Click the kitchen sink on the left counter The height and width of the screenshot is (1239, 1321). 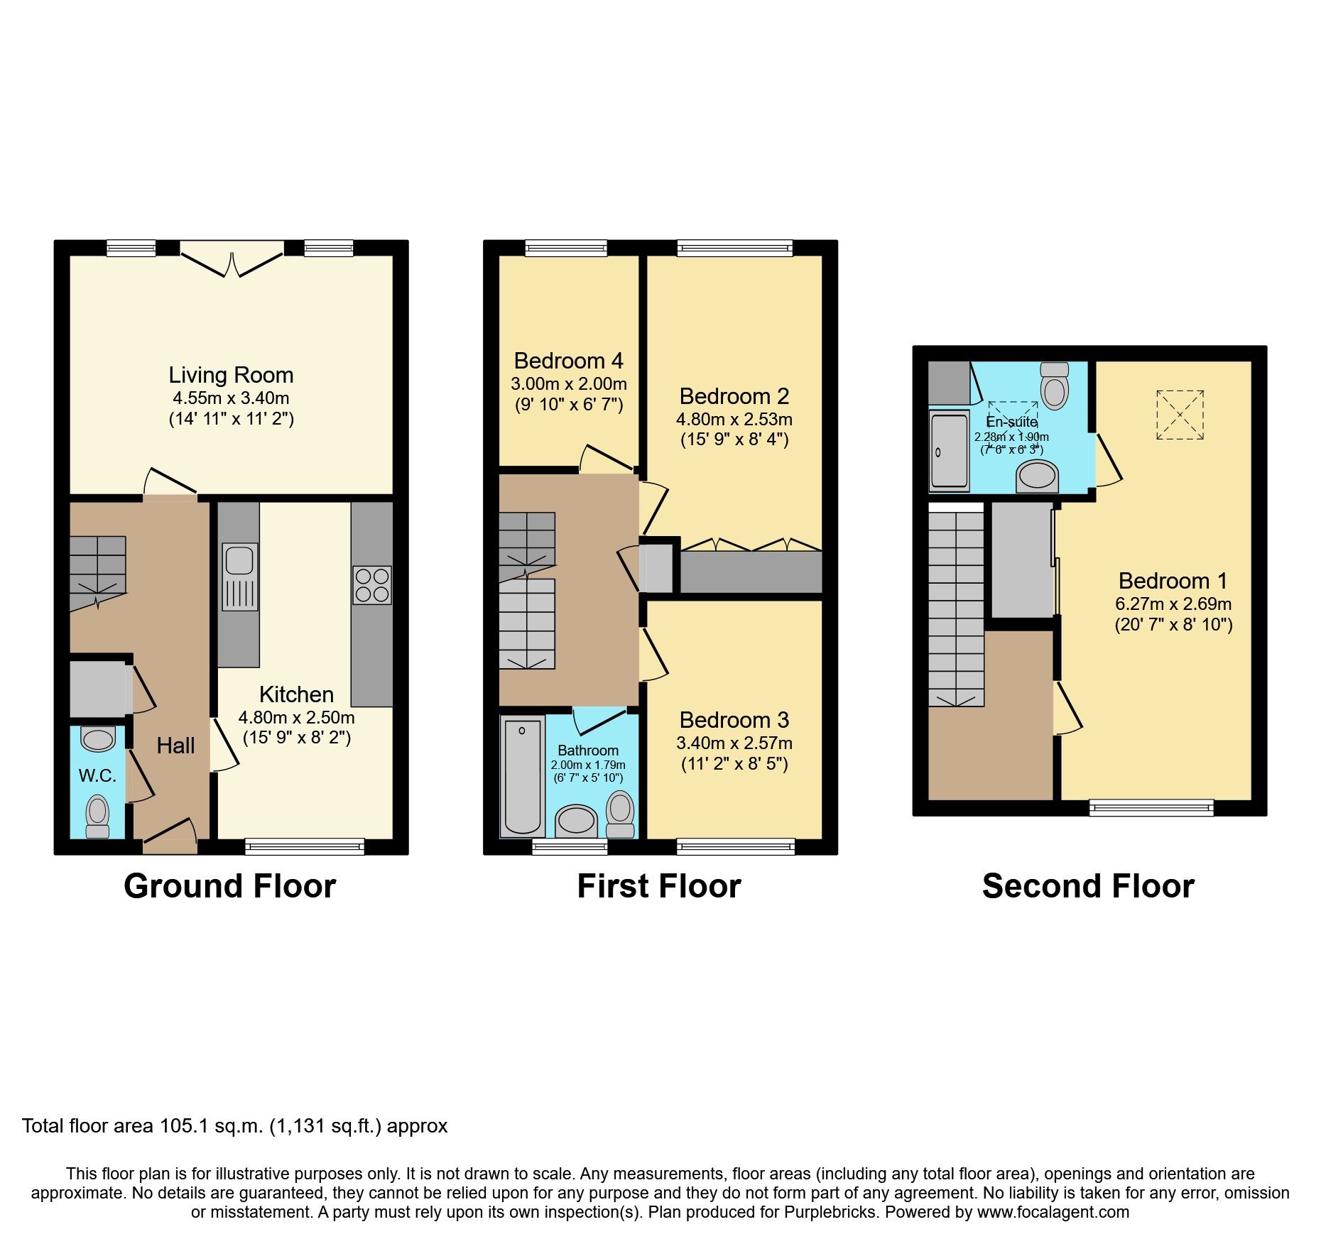pos(239,577)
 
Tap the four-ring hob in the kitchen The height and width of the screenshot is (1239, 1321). pos(372,585)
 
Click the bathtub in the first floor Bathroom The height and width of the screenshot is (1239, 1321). pos(523,777)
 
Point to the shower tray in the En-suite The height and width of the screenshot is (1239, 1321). pos(949,451)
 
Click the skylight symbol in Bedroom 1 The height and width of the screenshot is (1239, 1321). pos(1180,415)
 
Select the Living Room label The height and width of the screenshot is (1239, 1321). pos(231,375)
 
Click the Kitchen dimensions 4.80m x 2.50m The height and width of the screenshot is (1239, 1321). pos(296,717)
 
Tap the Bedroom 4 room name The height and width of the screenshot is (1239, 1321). pos(568,361)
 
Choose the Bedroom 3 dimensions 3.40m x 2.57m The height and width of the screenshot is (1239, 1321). pos(734,743)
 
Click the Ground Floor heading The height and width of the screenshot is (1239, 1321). pos(229,886)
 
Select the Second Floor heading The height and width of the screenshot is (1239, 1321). pos(1088,886)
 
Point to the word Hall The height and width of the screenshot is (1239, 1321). pos(175,746)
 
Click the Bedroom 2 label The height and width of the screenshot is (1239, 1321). pos(734,396)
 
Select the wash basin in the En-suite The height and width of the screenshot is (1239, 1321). pos(1037,476)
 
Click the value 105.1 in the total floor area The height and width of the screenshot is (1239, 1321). pos(181,1126)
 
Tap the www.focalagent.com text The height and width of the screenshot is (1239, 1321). pos(1053,1212)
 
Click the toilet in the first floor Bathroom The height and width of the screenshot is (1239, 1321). pos(620,814)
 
